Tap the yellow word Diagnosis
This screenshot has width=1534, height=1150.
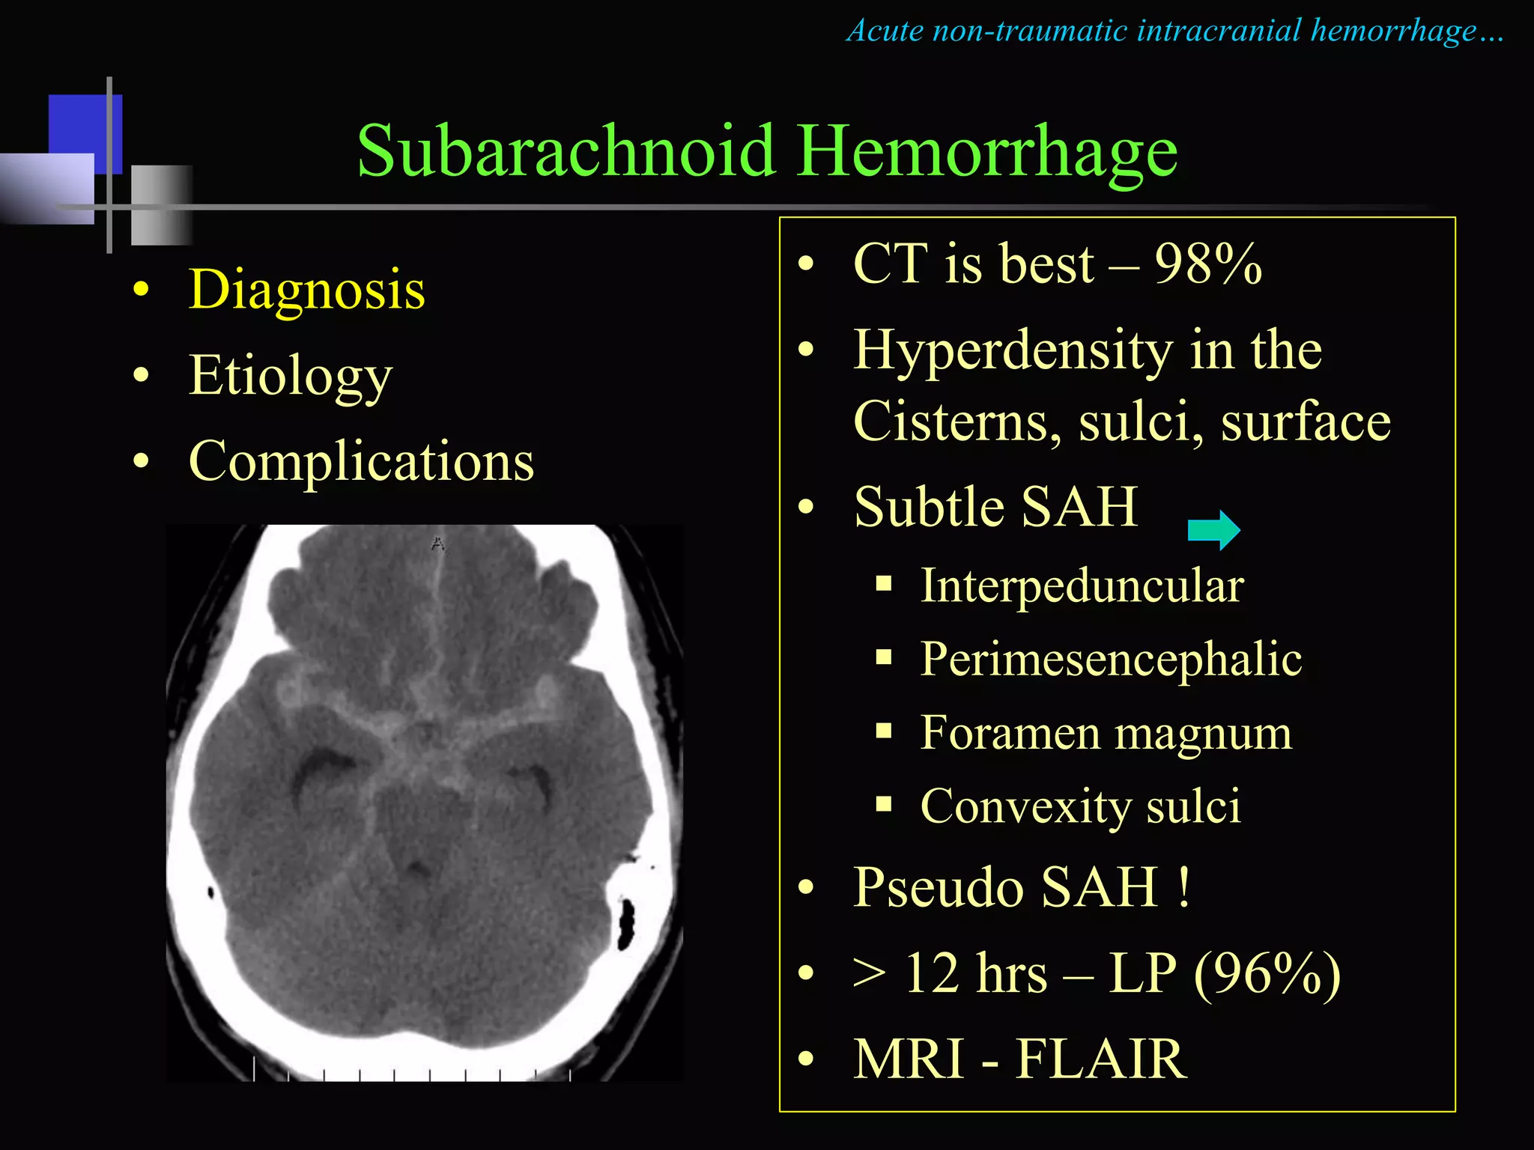pyautogui.click(x=307, y=290)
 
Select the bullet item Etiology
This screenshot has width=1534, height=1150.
pyautogui.click(x=291, y=375)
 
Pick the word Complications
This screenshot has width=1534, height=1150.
pyautogui.click(x=361, y=461)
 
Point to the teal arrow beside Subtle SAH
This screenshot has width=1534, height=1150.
pyautogui.click(x=1213, y=530)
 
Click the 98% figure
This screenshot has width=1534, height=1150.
pyautogui.click(x=1207, y=264)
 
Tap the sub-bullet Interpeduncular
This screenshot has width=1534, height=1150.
pyautogui.click(x=1082, y=585)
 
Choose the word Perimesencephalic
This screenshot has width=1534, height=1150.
pyautogui.click(x=1111, y=659)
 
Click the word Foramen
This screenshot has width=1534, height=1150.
pyautogui.click(x=1010, y=732)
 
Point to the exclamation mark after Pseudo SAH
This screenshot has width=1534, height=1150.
pyautogui.click(x=1183, y=886)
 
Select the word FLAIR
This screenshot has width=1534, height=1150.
pyautogui.click(x=1101, y=1059)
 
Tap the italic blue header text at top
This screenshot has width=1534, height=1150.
pyautogui.click(x=1174, y=31)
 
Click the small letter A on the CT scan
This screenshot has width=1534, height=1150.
pyautogui.click(x=438, y=544)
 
